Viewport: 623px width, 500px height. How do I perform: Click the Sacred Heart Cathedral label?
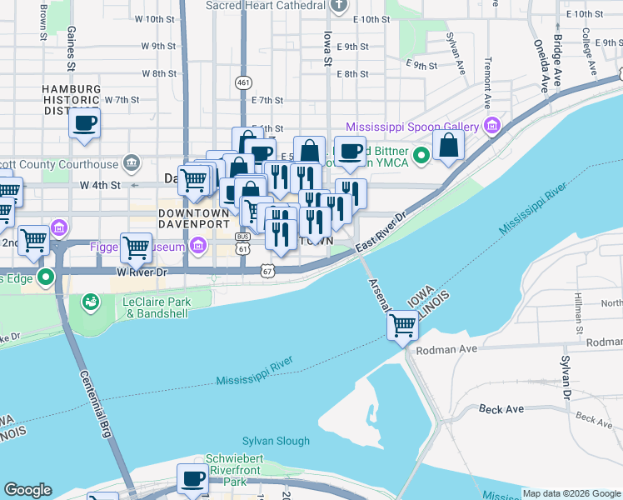265,6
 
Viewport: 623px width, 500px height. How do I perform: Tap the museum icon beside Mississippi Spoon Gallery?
491,127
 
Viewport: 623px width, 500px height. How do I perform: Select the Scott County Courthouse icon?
130,161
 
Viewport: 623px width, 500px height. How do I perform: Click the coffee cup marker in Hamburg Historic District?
85,124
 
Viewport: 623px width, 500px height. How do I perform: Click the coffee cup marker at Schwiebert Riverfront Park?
193,478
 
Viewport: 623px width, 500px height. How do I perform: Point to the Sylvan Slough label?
276,441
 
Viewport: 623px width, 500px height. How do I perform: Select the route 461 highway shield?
243,82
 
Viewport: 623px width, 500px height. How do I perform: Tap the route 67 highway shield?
267,271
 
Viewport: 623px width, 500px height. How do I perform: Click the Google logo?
27,490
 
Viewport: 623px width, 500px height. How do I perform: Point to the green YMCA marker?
422,154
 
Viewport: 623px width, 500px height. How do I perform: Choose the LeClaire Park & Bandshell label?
157,307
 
